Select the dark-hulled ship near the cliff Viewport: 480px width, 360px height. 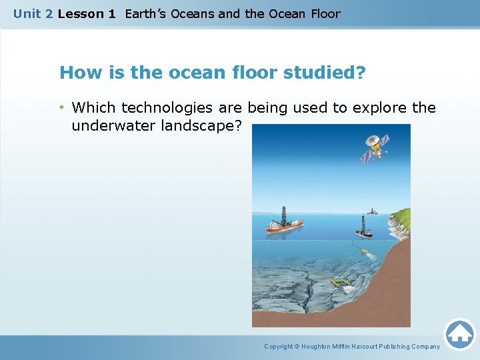coord(363,232)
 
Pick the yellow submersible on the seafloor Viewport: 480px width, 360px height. coord(342,282)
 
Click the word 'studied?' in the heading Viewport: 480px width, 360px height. coord(325,72)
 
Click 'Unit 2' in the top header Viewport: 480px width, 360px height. coord(33,13)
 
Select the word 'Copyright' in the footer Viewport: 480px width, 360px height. coord(278,347)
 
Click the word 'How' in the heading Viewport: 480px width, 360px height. coord(77,72)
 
